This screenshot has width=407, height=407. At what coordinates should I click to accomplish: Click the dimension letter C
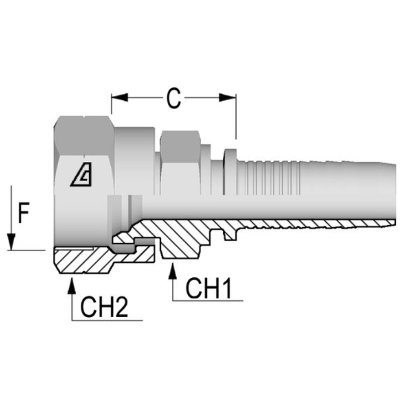pyautogui.click(x=173, y=99)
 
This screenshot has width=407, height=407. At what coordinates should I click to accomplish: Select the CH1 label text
pyautogui.click(x=208, y=289)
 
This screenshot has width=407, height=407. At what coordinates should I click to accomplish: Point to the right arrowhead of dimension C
pyautogui.click(x=228, y=98)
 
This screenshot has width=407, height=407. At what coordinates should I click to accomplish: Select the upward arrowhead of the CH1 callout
pyautogui.click(x=173, y=271)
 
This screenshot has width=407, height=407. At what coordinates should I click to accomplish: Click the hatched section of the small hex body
pyautogui.click(x=177, y=241)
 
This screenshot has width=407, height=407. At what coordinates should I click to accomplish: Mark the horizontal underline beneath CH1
pyautogui.click(x=208, y=301)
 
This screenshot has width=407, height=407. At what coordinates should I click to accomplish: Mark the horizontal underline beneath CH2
pyautogui.click(x=107, y=321)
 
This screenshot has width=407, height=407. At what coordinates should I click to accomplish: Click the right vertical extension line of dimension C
pyautogui.click(x=236, y=121)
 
